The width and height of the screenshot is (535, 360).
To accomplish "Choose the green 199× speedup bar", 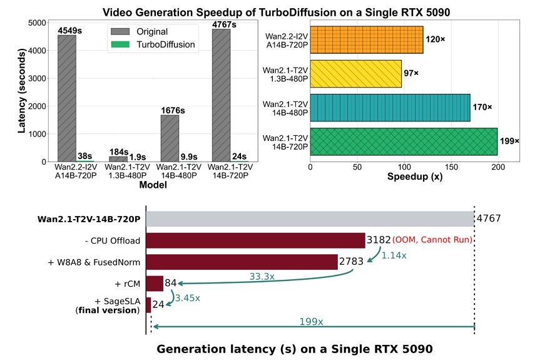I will point(404,141).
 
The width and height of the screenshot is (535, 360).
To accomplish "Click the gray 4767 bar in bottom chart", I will point(310,219).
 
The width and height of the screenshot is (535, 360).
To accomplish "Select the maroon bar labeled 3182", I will point(255,240).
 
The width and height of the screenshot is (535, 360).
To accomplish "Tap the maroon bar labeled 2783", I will point(242,262).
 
